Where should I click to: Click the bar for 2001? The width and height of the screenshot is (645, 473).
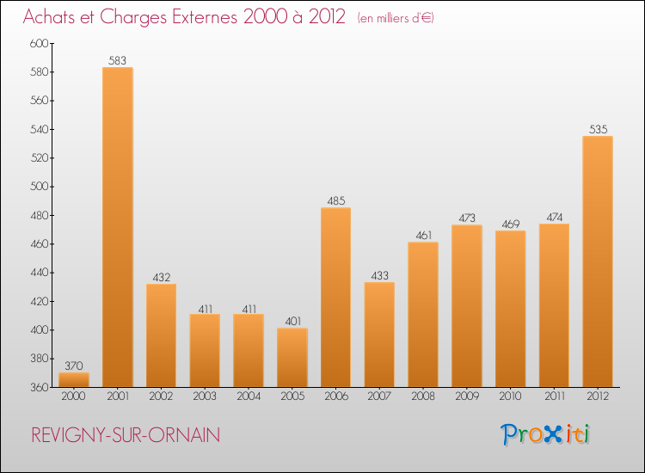pyautogui.click(x=118, y=227)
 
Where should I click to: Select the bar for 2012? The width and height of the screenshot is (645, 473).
pyautogui.click(x=598, y=261)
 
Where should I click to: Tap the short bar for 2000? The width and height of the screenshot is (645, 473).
pyautogui.click(x=74, y=379)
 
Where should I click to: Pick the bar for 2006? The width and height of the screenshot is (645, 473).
pyautogui.click(x=335, y=297)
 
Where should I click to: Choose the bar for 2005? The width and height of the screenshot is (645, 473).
pyautogui.click(x=292, y=357)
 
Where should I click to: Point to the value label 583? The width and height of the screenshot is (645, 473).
pyautogui.click(x=118, y=60)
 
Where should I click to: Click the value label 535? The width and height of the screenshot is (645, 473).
pyautogui.click(x=598, y=129)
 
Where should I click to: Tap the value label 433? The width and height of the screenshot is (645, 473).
pyautogui.click(x=379, y=275)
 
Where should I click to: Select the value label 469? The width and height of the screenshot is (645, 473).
pyautogui.click(x=510, y=224)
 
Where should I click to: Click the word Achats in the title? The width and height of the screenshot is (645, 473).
pyautogui.click(x=53, y=17)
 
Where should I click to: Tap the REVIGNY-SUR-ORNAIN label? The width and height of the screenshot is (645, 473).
pyautogui.click(x=126, y=435)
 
